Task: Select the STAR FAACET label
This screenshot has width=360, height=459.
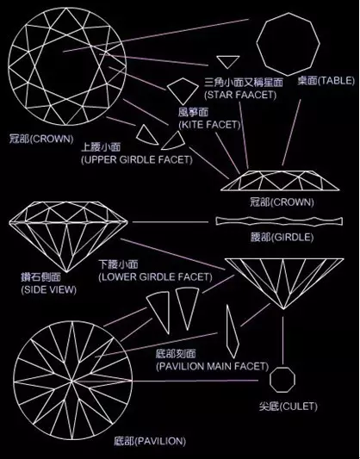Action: click(240, 95)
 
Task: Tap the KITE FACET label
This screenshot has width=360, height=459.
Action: click(209, 125)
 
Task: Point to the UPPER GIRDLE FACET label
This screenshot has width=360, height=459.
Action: click(137, 160)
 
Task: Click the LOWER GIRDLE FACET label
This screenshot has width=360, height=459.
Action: click(155, 277)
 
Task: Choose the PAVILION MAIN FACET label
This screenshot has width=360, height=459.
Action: click(212, 366)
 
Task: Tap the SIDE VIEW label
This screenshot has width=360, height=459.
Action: click(48, 290)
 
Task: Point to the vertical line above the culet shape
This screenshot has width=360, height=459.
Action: click(282, 340)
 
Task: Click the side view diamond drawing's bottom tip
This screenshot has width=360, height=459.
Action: click(66, 272)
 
